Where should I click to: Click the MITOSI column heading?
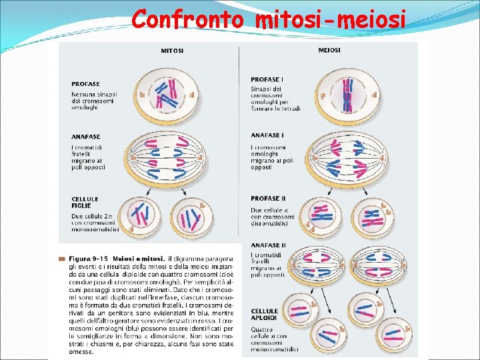(x=173, y=50)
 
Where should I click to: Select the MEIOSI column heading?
(x=329, y=50)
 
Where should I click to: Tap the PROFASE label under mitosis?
(x=85, y=84)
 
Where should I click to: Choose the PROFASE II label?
(x=269, y=198)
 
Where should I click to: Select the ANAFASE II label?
(x=269, y=245)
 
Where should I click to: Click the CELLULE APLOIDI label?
(x=265, y=315)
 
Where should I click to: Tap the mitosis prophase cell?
(x=163, y=94)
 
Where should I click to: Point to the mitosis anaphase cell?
(x=163, y=158)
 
